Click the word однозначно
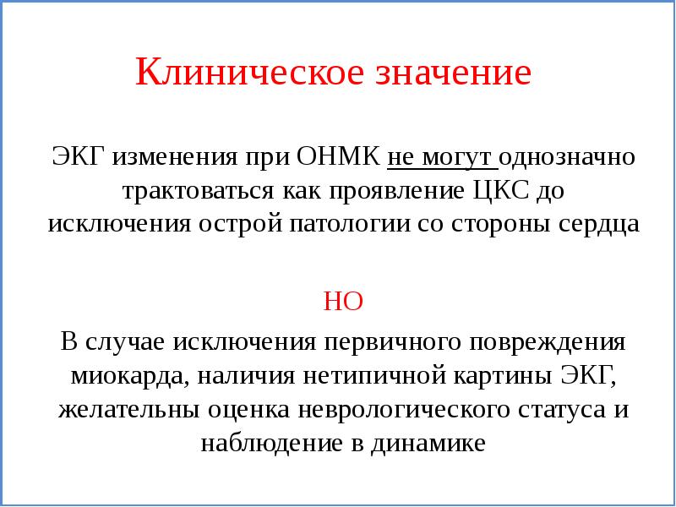[x=570, y=158]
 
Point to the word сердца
[x=597, y=225]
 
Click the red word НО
[x=343, y=302]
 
